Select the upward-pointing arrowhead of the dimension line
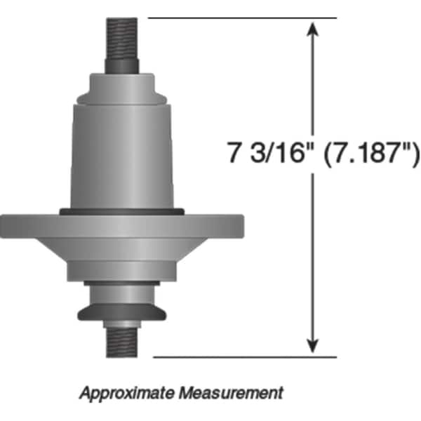point(314,28)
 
